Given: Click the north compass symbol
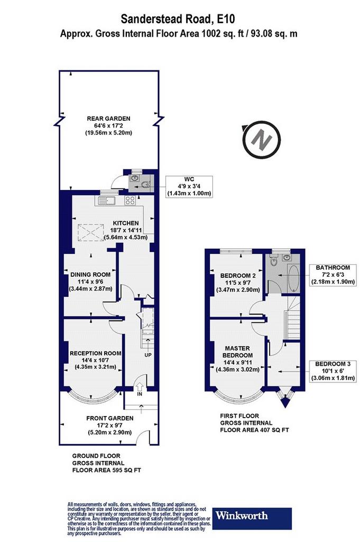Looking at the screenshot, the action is pos(262,140).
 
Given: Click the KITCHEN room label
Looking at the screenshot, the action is pos(126,223).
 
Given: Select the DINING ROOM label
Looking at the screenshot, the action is pos(90,275).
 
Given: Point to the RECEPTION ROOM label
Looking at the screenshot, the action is pos(95,353).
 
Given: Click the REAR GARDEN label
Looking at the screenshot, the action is pos(108,119).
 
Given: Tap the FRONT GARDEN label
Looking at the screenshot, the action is pos(110,418).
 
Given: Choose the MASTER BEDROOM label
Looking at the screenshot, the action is pos(237,352).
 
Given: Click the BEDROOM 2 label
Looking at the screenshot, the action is pos(238,276).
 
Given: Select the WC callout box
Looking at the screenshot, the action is pos(189,187).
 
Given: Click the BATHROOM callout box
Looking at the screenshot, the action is pos(332,275).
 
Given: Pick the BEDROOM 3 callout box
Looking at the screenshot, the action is pos(332,371).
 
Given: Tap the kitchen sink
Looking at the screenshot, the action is pos(107,200).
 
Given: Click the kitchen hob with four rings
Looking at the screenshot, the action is pos(130,200).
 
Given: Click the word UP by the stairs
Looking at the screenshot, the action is pos(148,355).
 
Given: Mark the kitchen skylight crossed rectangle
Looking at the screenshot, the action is pos(90,232).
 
